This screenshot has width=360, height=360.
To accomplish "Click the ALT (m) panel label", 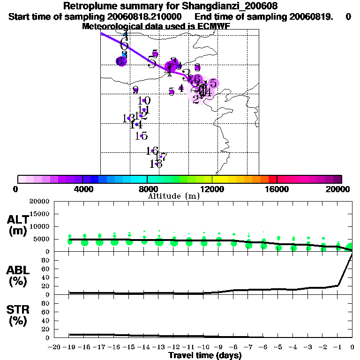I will coord(18,225).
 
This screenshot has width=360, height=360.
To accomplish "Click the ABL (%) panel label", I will coord(18,276).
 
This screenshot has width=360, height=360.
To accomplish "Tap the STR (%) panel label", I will coord(18,315).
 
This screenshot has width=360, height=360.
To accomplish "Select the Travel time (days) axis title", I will coord(205,356).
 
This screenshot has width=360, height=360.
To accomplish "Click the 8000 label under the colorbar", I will coord(147,189).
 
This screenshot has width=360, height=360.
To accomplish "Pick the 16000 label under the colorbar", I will coord(277,189).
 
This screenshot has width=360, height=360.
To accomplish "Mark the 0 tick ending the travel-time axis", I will coord(352,347).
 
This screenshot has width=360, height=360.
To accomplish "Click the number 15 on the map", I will coord(142,136).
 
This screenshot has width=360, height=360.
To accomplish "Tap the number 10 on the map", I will coord(145,100).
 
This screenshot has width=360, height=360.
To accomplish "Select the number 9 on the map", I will coord(135,90).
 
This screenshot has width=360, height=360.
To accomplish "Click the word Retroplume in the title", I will coord(86,7).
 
